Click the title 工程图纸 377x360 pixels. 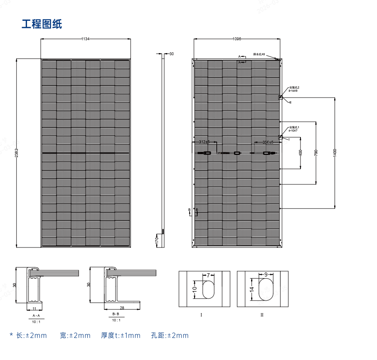coord(42,24)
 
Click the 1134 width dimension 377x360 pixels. coord(85,39)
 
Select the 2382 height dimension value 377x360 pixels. coord(17,153)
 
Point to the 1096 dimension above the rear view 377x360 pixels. coord(237,39)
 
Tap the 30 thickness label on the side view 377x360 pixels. coord(172,54)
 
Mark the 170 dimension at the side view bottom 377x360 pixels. coord(157,240)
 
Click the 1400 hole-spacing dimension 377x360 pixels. coord(335,153)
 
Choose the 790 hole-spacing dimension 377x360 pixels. coord(316,153)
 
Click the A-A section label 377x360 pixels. coord(36,316)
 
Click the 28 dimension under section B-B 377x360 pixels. coord(122,308)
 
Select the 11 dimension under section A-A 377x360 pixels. coord(34,309)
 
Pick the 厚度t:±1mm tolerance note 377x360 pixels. coord(121,336)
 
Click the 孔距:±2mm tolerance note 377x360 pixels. coord(170,336)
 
